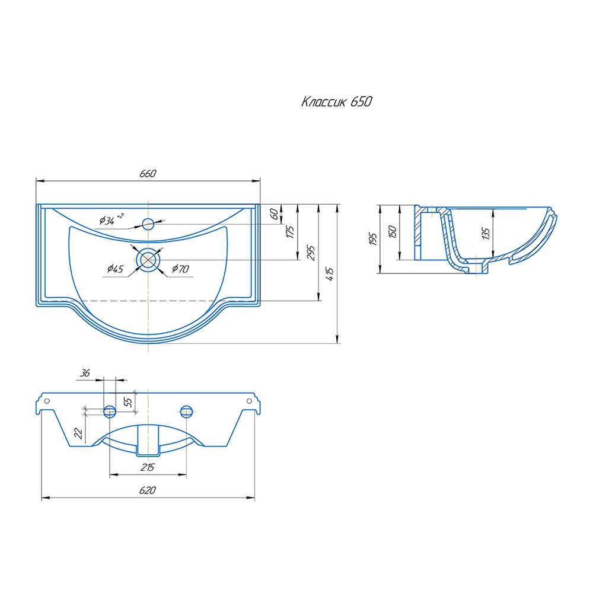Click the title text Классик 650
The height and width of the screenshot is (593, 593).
tap(337, 102)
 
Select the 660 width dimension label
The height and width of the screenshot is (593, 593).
tap(148, 174)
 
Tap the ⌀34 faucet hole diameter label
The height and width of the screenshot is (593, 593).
tap(111, 219)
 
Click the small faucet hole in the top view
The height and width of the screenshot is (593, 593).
tap(148, 224)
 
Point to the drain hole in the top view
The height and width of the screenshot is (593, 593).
tap(148, 260)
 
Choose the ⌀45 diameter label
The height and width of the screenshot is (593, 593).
tap(116, 269)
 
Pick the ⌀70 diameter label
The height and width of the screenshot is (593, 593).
tap(180, 269)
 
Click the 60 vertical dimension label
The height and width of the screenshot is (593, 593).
tap(275, 214)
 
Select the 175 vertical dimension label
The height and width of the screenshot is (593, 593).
tap(291, 231)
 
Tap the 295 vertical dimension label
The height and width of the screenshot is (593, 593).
tap(311, 253)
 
